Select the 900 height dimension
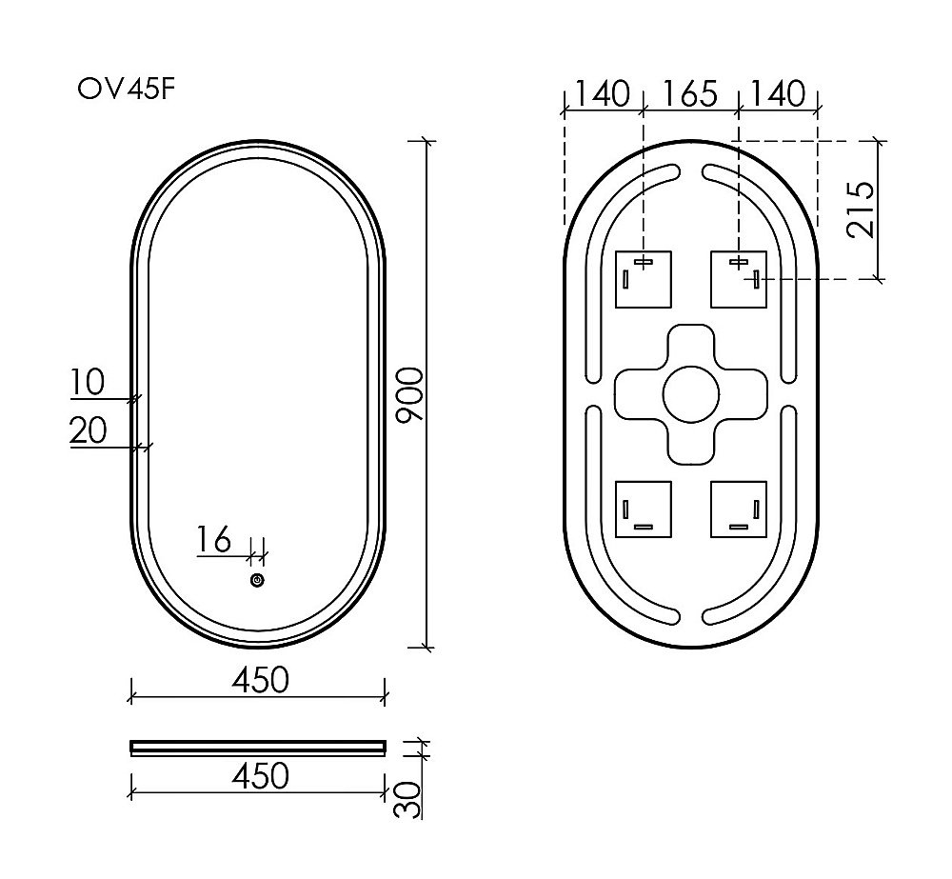tap(407, 393)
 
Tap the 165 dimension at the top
tap(689, 94)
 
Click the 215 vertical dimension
tap(862, 209)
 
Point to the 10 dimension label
tap(87, 383)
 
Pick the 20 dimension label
tap(88, 431)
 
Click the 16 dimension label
tap(214, 540)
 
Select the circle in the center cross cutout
tap(690, 393)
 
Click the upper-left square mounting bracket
tap(645, 279)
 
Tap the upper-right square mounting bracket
tap(739, 279)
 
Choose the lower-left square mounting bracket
tap(645, 509)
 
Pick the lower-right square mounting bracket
tap(739, 509)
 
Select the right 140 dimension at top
tap(778, 94)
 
